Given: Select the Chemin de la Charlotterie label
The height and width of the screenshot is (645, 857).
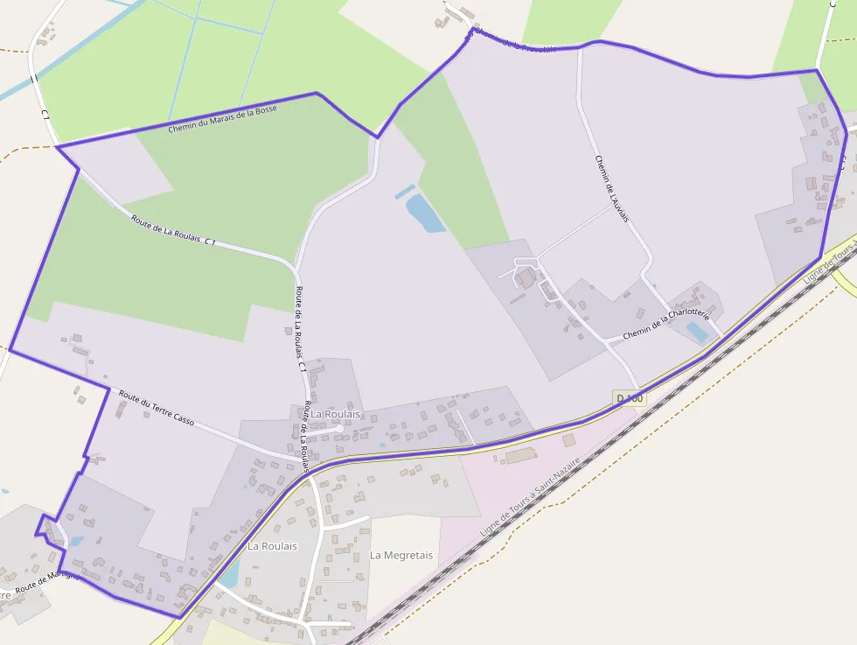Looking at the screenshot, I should [x=665, y=325].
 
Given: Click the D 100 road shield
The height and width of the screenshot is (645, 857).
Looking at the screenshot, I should [x=630, y=398].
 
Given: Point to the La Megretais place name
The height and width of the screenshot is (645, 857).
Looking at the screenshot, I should [x=401, y=555].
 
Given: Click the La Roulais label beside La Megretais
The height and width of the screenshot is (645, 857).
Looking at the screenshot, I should [x=272, y=546].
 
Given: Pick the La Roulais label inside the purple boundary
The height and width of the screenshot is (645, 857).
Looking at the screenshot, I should [x=337, y=413].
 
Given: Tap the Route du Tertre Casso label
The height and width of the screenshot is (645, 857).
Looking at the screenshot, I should [x=157, y=408].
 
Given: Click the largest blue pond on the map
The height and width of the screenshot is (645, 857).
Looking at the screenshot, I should [x=425, y=214].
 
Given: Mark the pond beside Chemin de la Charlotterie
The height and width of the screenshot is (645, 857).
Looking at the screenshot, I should [x=697, y=332].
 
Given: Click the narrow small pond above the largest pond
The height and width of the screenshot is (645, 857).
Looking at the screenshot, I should [x=404, y=192].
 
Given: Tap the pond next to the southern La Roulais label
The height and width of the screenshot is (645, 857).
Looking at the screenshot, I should [x=230, y=573].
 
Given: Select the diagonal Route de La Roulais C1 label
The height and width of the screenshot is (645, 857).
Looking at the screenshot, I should [x=173, y=229].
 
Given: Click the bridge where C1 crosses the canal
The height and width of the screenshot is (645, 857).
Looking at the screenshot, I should [x=33, y=80].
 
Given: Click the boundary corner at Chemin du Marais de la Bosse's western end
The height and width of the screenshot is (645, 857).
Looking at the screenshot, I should [x=57, y=147].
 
